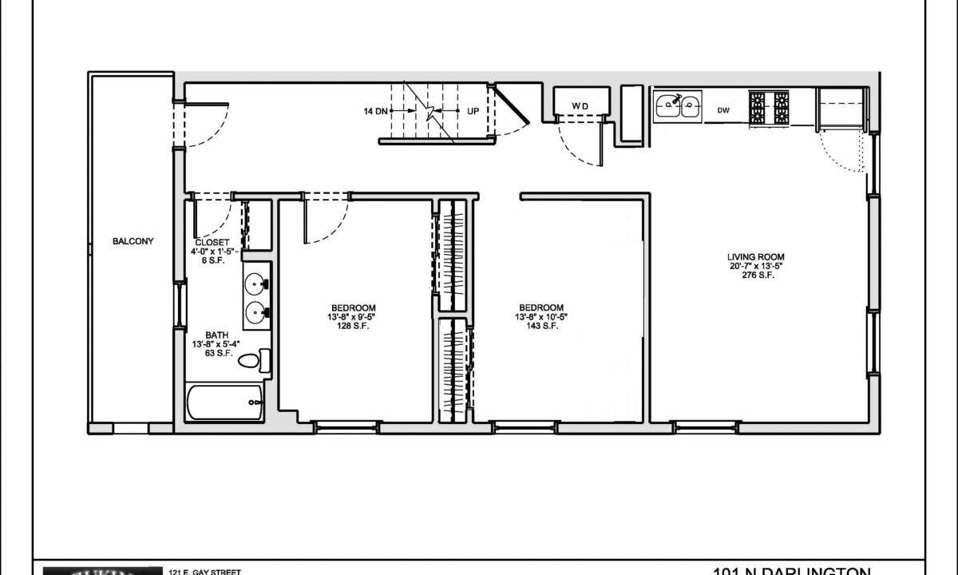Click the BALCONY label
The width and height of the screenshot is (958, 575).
[133, 241]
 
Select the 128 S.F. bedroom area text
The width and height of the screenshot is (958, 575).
[353, 326]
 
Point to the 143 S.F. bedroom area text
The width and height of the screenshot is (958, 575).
[541, 326]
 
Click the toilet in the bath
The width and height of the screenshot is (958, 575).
[255, 361]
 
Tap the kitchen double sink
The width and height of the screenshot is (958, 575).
[677, 105]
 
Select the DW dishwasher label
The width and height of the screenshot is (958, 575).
[723, 110]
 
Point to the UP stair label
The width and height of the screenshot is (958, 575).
[473, 111]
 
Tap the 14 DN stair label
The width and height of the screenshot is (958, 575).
[375, 111]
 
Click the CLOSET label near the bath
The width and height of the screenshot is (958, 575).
[212, 242]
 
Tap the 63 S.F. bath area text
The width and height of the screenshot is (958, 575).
[217, 354]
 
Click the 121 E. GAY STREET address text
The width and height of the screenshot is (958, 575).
[204, 571]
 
